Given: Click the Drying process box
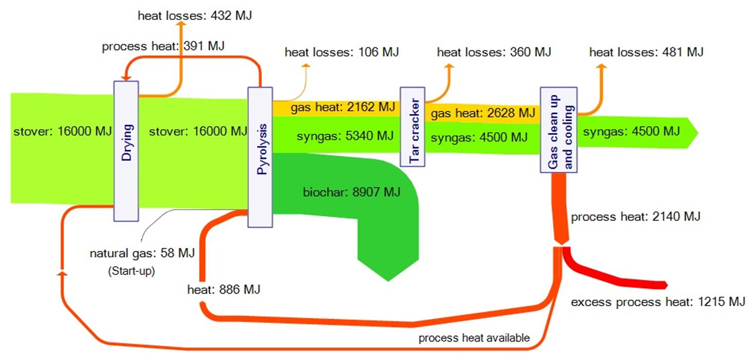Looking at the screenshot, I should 126,151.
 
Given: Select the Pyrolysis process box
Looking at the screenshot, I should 260,157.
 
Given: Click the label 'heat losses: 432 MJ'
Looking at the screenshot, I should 195,15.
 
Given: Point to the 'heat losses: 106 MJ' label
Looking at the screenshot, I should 342,52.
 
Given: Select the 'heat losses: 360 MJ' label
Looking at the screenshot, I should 494,52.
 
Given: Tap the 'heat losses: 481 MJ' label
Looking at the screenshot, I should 646,52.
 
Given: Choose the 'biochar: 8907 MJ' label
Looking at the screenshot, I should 351,193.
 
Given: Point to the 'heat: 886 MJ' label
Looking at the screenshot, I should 224,290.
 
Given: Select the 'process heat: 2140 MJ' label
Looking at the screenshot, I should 636,217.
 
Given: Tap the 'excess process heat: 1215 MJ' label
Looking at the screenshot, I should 658,302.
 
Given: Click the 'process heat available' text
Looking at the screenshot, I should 474,338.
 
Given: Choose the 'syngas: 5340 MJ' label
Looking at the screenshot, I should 345,136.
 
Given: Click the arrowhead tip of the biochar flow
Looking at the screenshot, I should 388,280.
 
